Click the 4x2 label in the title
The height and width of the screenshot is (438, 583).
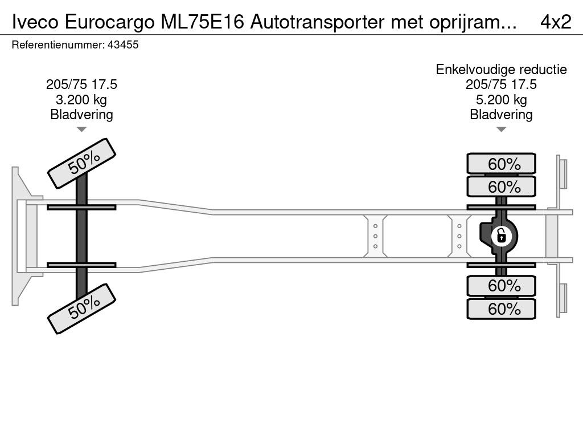[556, 22]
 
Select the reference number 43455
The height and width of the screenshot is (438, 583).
[123, 45]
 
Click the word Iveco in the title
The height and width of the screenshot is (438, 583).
[35, 22]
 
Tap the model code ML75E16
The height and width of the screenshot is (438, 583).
[202, 22]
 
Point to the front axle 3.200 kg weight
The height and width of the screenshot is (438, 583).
[81, 100]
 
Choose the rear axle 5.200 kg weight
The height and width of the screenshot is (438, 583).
[501, 100]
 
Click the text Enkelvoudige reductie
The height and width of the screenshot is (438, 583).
[501, 70]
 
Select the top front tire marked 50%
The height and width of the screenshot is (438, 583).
[82, 164]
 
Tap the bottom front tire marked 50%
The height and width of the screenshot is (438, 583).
[82, 309]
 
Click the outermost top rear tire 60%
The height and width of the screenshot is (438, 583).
[501, 164]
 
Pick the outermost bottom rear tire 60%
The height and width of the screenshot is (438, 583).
[501, 309]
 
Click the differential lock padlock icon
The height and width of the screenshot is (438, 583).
[501, 236]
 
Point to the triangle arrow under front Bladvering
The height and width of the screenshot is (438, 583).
[81, 129]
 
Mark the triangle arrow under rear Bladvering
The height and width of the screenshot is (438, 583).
[501, 129]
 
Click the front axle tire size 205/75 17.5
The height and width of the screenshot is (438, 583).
[81, 84]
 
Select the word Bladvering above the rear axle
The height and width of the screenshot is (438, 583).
[501, 115]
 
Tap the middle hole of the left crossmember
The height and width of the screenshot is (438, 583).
[375, 236]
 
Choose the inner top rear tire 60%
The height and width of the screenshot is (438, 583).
[501, 186]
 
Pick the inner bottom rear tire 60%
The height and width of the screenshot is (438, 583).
[501, 286]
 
